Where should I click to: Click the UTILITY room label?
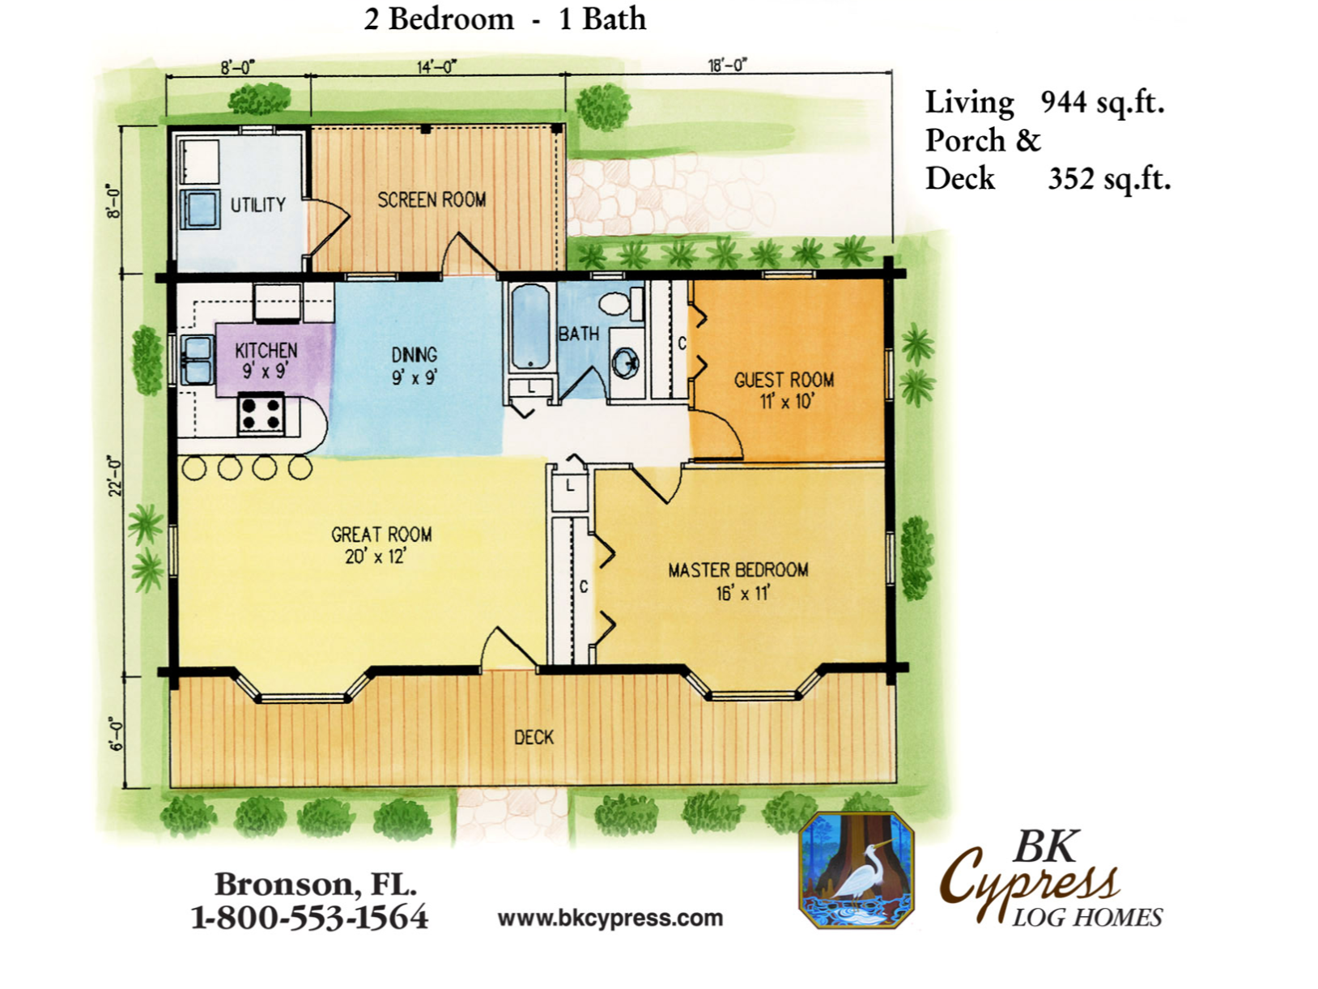pos(258,205)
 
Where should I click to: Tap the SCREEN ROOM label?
pos(432,199)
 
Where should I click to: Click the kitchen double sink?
pos(198,360)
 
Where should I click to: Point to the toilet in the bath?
pos(621,302)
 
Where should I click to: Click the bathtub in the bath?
pos(529,327)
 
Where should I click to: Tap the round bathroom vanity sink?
pos(625,363)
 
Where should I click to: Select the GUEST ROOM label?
pos(784,380)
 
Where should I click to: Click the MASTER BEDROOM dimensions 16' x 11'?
pos(742,593)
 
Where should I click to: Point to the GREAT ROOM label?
pos(381,534)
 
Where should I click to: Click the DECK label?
pos(534,737)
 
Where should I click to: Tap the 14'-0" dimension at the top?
pos(436,66)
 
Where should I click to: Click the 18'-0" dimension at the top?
pos(728,65)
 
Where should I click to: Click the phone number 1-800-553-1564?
pos(309,919)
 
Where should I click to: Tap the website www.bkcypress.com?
pos(610,919)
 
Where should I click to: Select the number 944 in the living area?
pos(1064,102)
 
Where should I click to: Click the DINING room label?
pos(415,355)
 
